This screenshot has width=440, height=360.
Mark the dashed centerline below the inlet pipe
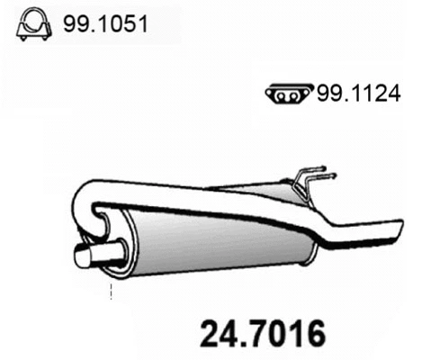[111, 292]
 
